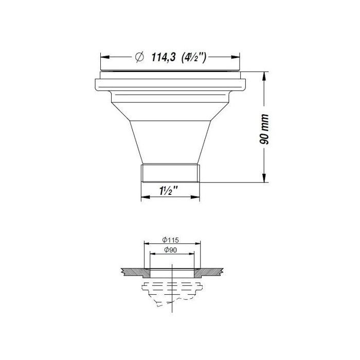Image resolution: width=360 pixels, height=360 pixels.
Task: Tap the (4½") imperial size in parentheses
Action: tap(194, 58)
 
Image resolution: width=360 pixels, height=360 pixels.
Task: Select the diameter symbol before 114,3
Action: tap(139, 58)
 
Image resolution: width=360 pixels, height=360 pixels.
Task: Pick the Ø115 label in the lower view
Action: tap(170, 240)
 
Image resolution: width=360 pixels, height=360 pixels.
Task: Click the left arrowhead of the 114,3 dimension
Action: tap(103, 58)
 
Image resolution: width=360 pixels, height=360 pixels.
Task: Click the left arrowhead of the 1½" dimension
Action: tap(144, 197)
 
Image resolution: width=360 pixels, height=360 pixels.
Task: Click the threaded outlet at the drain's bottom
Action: tap(170, 173)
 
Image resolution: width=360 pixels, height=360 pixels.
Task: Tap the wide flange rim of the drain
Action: tap(171, 85)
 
